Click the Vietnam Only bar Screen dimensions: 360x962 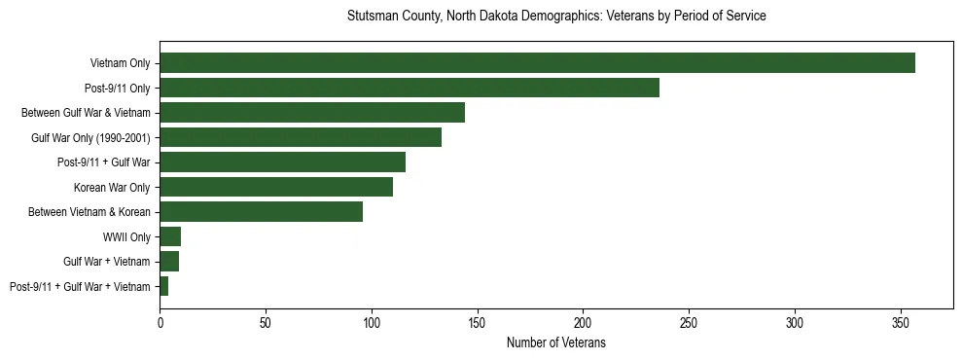[537, 63]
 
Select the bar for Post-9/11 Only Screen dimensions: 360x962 [410, 88]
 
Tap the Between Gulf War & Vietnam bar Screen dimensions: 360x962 [312, 113]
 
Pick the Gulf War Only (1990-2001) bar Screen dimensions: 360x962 [301, 137]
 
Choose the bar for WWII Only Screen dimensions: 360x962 [170, 236]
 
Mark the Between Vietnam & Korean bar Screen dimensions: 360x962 [261, 212]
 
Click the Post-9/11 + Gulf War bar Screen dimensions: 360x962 [282, 162]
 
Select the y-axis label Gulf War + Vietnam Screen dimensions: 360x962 [107, 262]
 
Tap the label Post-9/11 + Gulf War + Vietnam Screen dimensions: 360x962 [80, 287]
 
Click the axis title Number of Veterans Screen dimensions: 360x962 [555, 342]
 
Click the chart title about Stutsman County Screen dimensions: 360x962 [555, 17]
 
